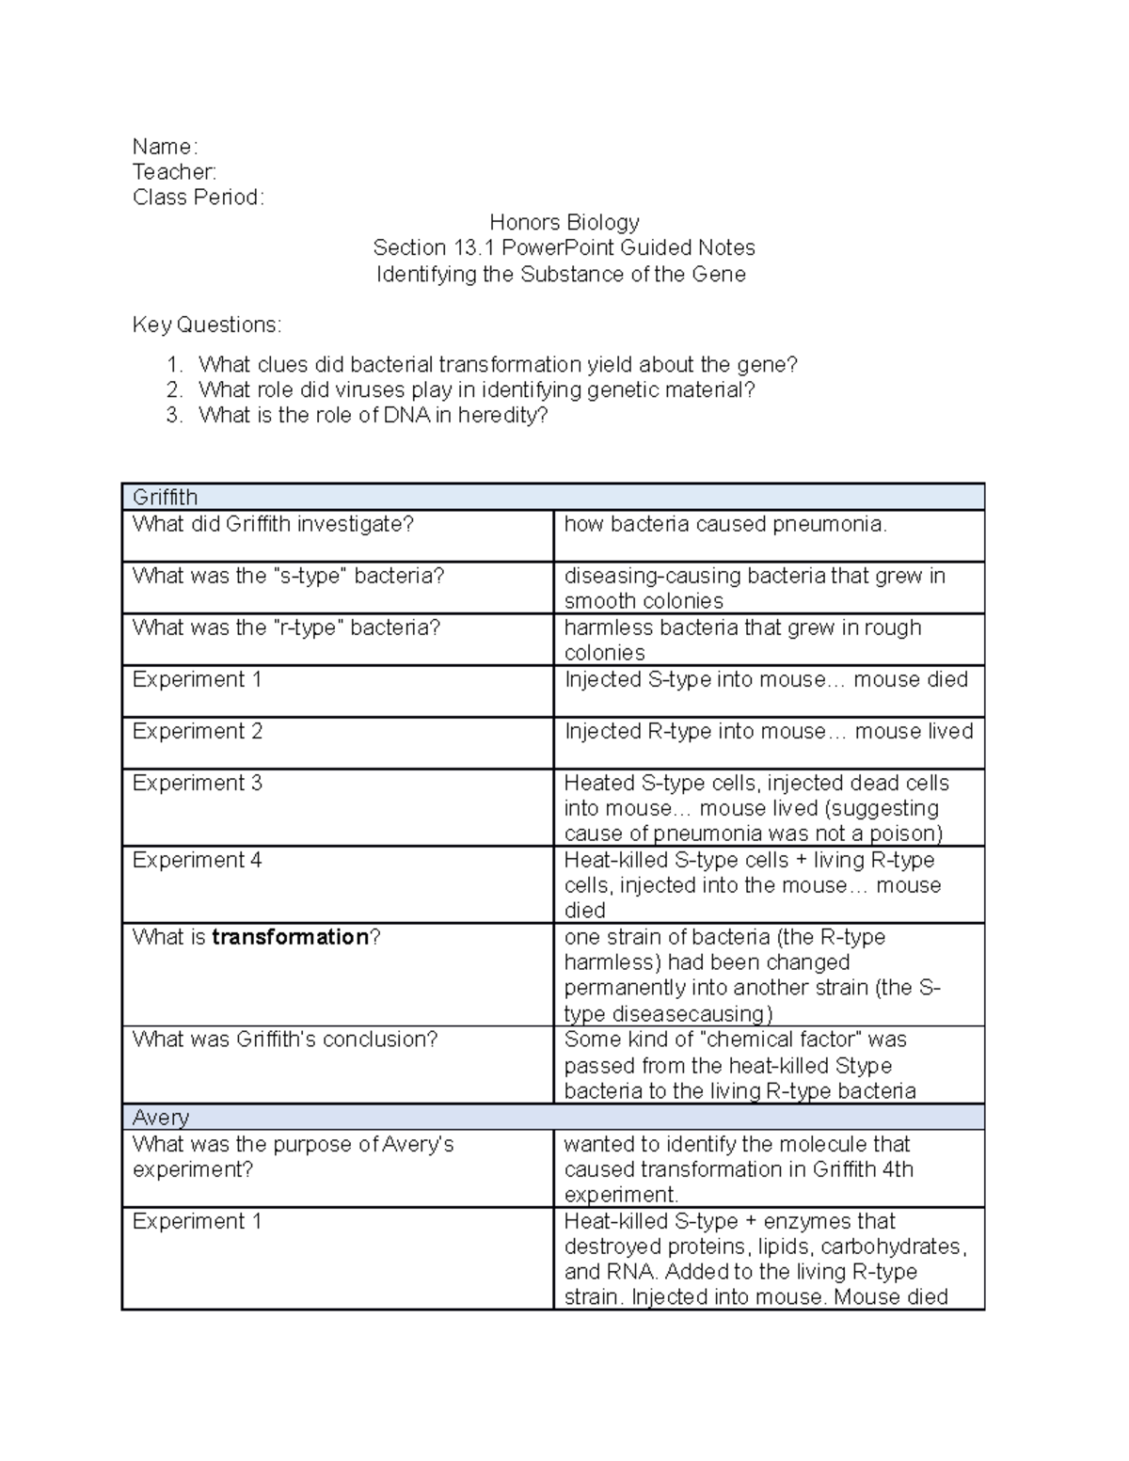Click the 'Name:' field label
[x=165, y=147]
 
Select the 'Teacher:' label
[x=174, y=172]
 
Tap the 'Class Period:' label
[x=199, y=198]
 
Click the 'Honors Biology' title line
[x=564, y=223]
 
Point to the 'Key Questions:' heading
[x=206, y=326]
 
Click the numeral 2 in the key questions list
[x=173, y=390]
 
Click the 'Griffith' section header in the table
[x=165, y=498]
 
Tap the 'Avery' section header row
[x=161, y=1118]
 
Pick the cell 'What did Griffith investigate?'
[x=273, y=524]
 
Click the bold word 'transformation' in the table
[x=290, y=937]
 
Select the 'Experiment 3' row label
[x=197, y=783]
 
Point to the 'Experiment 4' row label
[x=197, y=860]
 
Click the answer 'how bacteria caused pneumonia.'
[x=725, y=524]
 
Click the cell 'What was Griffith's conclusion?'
[x=285, y=1040]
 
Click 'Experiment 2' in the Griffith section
[x=197, y=731]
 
